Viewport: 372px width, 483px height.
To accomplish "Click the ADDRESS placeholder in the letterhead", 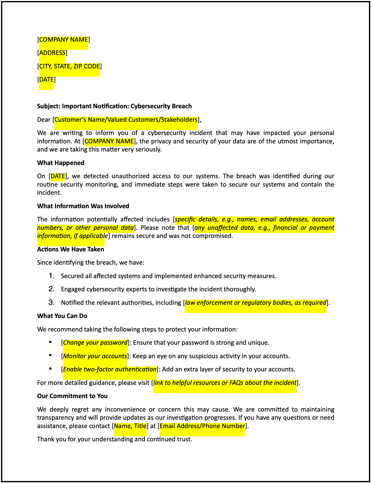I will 52,53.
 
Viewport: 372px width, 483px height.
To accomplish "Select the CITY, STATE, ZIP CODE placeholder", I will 69,66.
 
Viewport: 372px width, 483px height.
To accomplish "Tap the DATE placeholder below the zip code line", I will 46,80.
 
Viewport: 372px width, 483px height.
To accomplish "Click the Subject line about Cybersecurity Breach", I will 114,106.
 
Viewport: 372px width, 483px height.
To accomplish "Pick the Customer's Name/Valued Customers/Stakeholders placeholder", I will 126,120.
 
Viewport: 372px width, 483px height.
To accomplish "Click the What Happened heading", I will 60,163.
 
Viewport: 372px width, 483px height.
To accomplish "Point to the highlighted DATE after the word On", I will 58,176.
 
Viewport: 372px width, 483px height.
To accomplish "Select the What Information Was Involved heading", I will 83,206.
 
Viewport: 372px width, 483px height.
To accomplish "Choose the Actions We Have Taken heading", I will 71,249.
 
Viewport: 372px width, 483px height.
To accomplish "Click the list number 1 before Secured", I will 52,276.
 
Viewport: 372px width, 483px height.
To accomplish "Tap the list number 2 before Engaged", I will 52,289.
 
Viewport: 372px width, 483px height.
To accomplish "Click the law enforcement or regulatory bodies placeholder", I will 255,303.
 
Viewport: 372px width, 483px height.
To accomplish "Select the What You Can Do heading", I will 62,316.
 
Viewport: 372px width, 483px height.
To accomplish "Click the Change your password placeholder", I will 95,343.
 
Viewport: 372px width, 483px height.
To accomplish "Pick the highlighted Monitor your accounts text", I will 95,356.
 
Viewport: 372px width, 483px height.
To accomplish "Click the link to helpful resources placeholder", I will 225,383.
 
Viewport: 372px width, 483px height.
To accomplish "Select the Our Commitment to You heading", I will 72,396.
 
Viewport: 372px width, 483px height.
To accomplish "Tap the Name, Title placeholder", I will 130,426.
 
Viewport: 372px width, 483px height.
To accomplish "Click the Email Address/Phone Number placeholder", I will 202,426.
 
